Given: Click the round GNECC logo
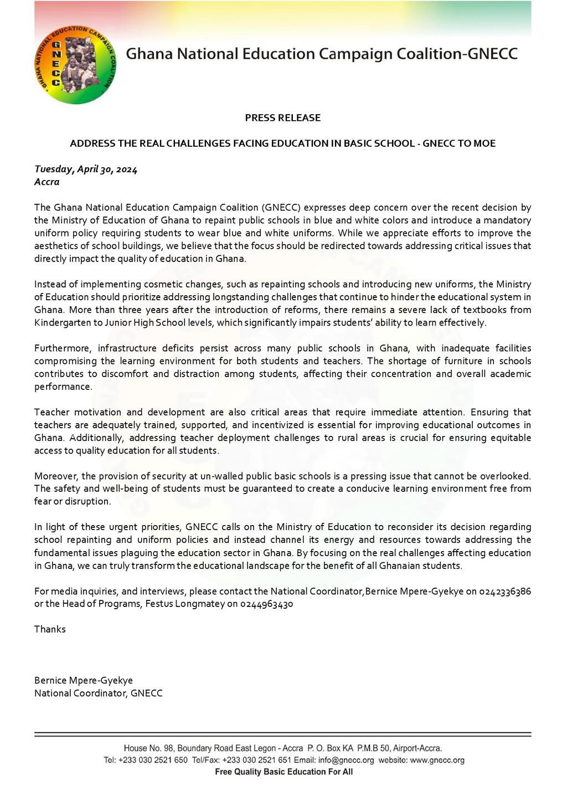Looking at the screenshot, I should click(x=75, y=64).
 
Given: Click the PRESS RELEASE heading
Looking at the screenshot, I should click(x=282, y=118).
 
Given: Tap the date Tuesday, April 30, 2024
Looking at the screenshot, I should click(x=86, y=169).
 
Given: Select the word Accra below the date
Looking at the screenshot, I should click(x=47, y=182).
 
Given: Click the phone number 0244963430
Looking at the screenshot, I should click(x=267, y=604).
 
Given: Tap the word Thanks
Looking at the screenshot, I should click(x=50, y=629).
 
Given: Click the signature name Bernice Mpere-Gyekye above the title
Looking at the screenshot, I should click(x=84, y=681).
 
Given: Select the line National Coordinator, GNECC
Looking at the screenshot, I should click(x=99, y=693).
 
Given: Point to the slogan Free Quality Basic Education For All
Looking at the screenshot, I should click(x=283, y=772).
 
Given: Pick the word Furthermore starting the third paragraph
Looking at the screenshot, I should click(x=63, y=348).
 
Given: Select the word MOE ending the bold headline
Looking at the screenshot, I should click(x=484, y=143).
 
